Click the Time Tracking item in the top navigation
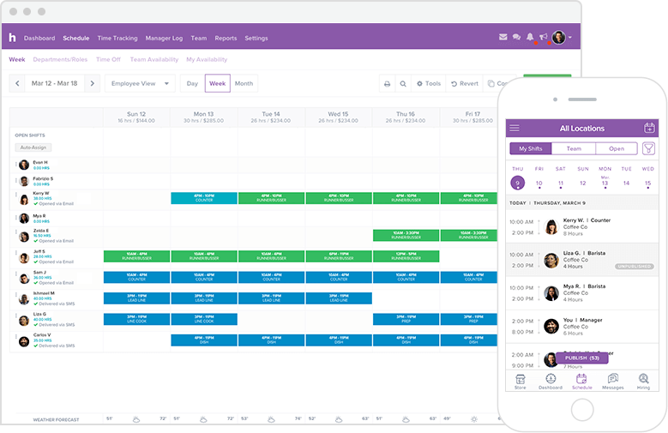point(117,38)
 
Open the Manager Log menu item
point(164,38)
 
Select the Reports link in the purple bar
point(226,38)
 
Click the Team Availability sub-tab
point(153,60)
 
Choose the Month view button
point(244,83)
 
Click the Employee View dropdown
point(141,83)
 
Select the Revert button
point(464,83)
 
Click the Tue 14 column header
point(271,117)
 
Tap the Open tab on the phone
point(617,148)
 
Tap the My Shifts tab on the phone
point(531,148)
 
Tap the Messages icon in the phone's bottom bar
point(612,381)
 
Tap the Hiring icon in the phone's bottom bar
point(643,381)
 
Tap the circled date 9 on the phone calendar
point(517,183)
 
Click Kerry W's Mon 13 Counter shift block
point(204,198)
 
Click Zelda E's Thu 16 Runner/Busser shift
point(406,235)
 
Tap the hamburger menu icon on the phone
point(515,129)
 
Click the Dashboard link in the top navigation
point(39,38)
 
